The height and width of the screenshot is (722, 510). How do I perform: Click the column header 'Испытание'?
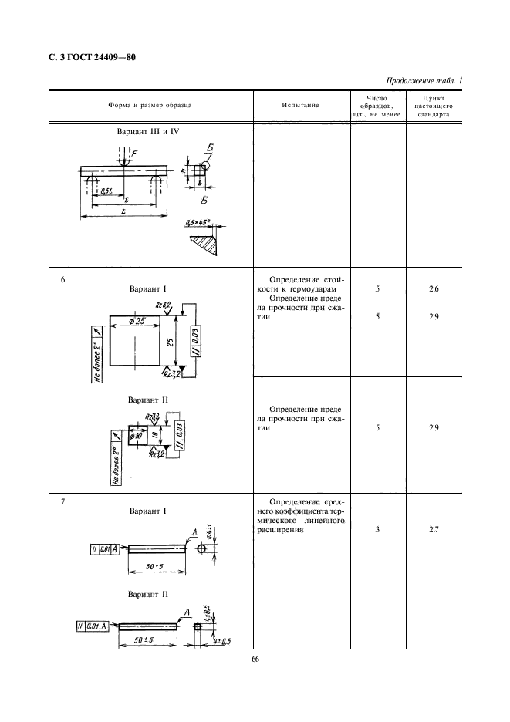click(x=300, y=103)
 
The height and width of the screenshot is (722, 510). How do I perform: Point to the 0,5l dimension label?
click(x=101, y=190)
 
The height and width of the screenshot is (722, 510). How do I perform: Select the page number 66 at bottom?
click(x=255, y=659)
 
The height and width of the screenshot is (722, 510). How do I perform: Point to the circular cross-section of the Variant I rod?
click(x=202, y=548)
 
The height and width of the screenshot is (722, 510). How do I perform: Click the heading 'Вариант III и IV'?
click(x=148, y=132)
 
